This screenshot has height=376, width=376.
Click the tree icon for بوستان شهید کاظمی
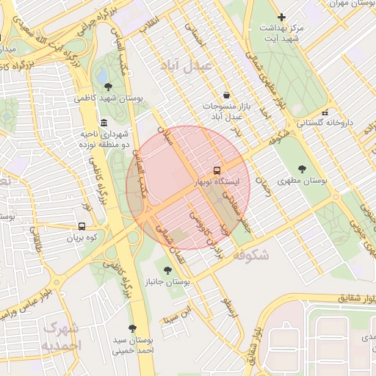coord(109,87)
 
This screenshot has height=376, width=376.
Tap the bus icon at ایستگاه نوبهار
coord(217,169)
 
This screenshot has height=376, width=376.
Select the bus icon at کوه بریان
coord(82,227)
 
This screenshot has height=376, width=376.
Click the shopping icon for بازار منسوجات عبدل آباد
coord(225,95)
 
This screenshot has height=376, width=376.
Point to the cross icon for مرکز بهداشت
coord(281,17)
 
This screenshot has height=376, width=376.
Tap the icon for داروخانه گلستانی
coord(325,112)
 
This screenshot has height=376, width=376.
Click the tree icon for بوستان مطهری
coord(302,169)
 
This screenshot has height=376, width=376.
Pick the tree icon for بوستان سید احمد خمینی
coord(132,328)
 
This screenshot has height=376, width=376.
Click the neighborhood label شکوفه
coord(251,255)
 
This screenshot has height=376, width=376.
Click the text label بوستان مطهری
coord(303,181)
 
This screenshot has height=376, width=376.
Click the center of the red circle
coord(188,188)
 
